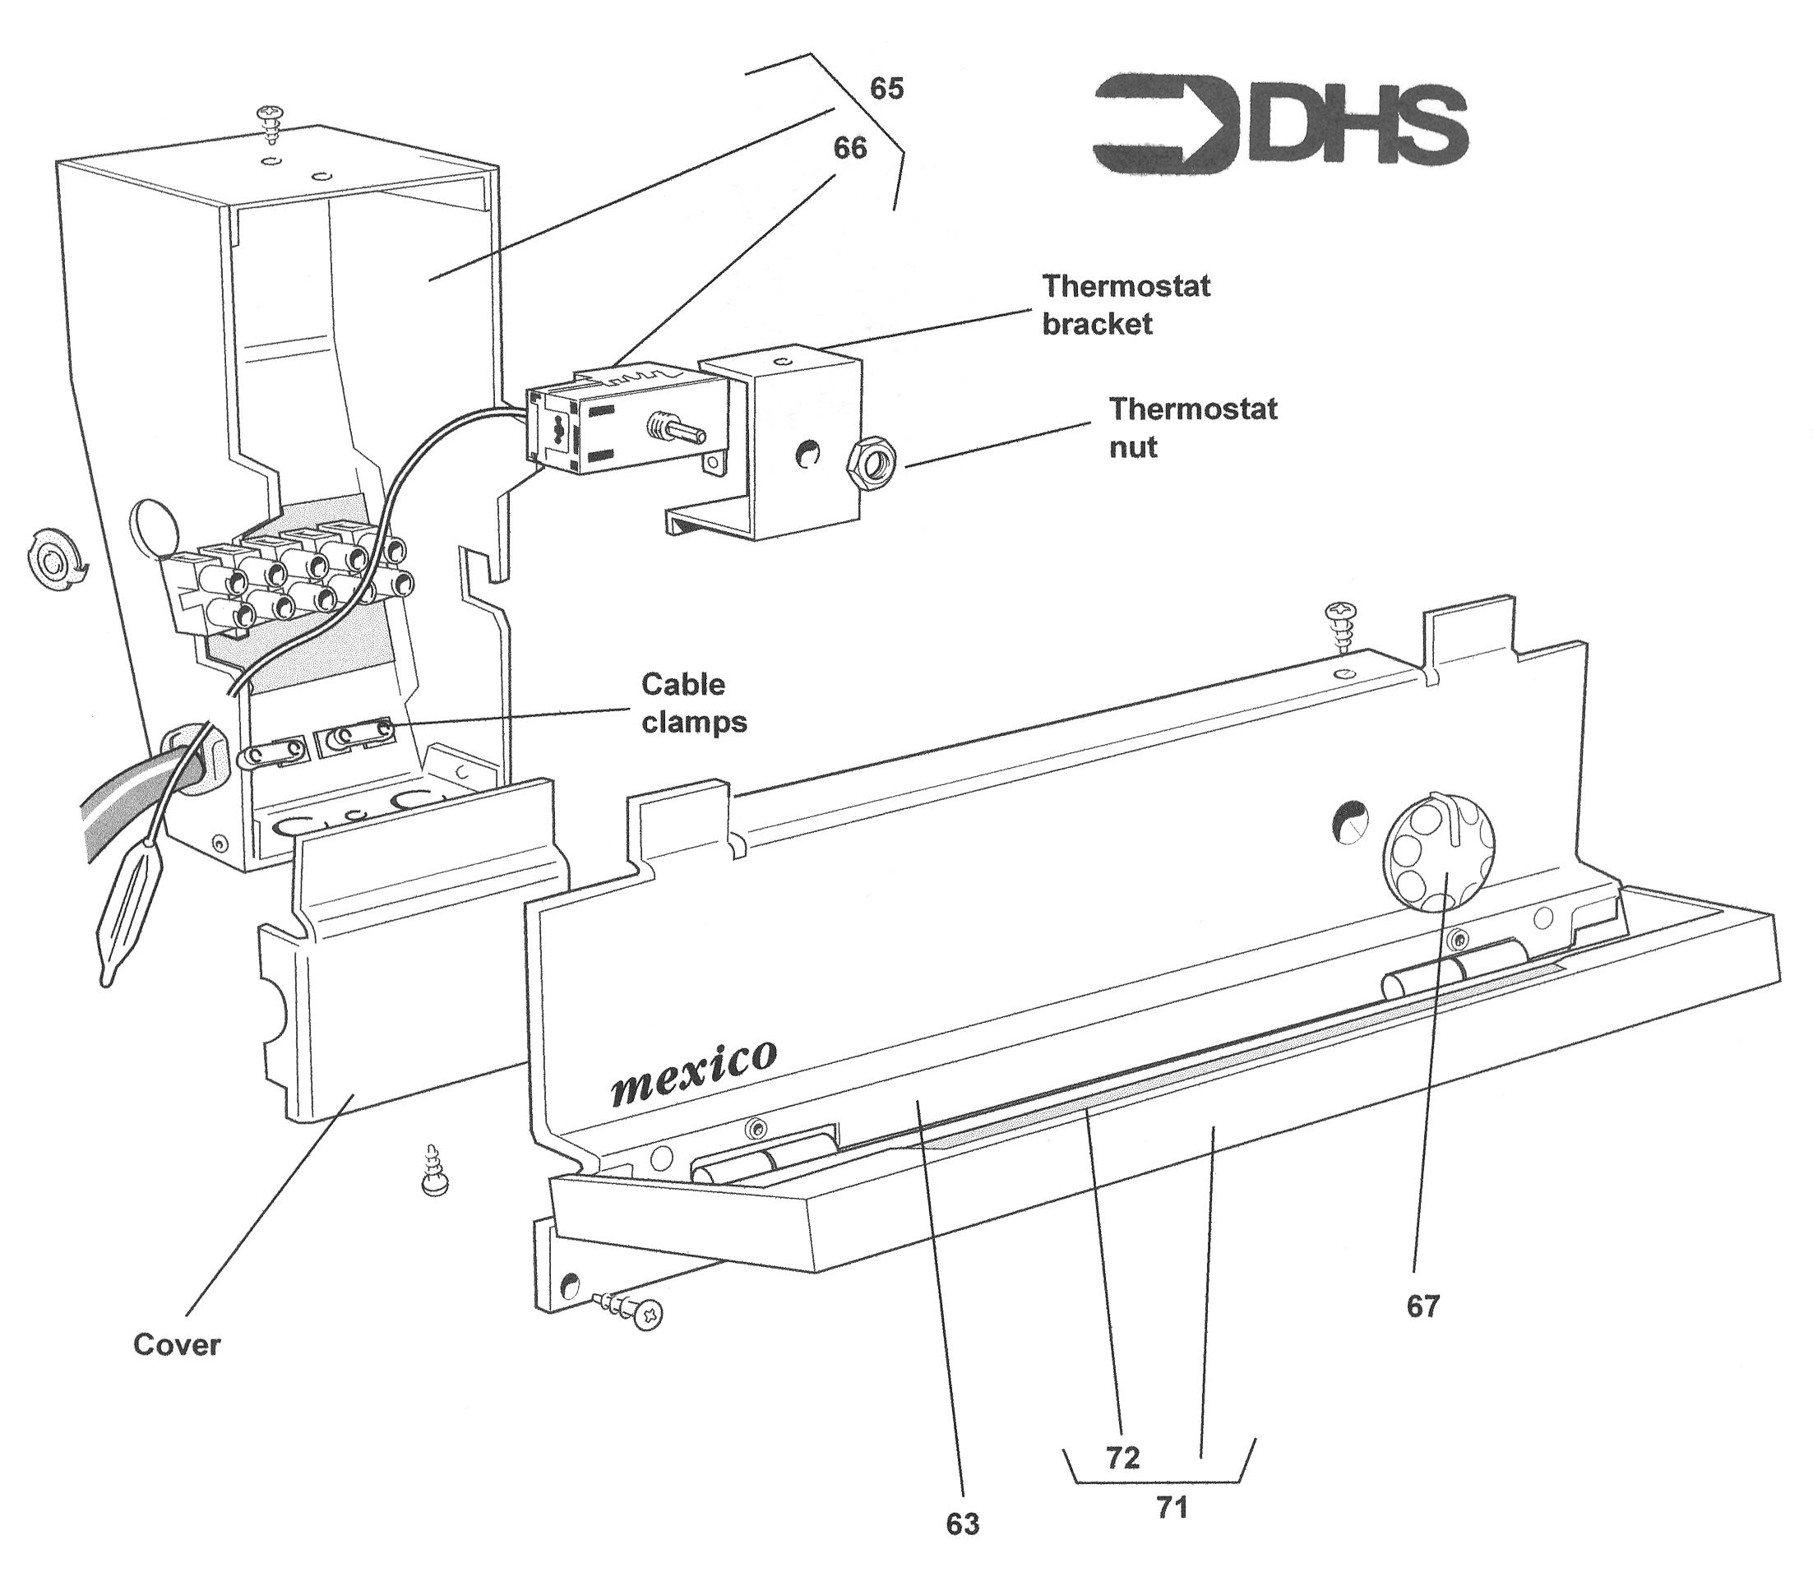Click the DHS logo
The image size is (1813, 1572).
(x=1279, y=125)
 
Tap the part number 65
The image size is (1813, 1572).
(x=886, y=89)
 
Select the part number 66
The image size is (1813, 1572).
(x=850, y=148)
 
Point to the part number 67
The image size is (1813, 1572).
(x=1422, y=1306)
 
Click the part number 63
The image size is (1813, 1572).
(x=962, y=1524)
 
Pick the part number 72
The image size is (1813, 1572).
(x=1122, y=1457)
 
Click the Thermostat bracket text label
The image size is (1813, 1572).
(x=1126, y=304)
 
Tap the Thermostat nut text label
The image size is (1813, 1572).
(x=1193, y=428)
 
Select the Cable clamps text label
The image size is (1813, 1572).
(x=694, y=703)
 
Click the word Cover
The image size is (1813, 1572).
(x=177, y=1345)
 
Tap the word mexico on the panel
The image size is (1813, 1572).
(x=693, y=1074)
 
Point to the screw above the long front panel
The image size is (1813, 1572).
(x=1343, y=625)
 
